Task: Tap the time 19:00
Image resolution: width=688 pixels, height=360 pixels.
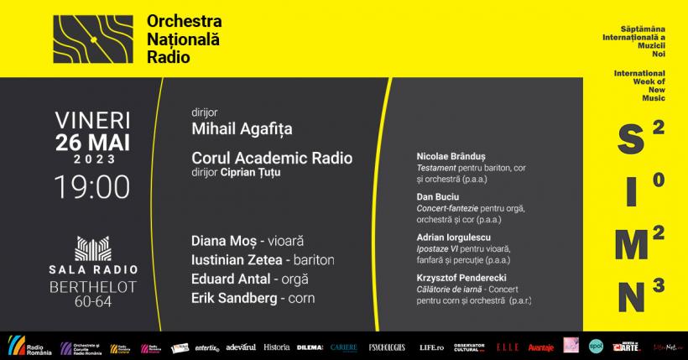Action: [x=93, y=185]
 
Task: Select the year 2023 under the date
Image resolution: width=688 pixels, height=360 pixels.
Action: [x=93, y=159]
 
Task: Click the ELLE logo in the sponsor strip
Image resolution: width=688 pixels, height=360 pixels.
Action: [x=507, y=346]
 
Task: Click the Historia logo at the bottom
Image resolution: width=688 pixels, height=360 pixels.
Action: [x=276, y=346]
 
